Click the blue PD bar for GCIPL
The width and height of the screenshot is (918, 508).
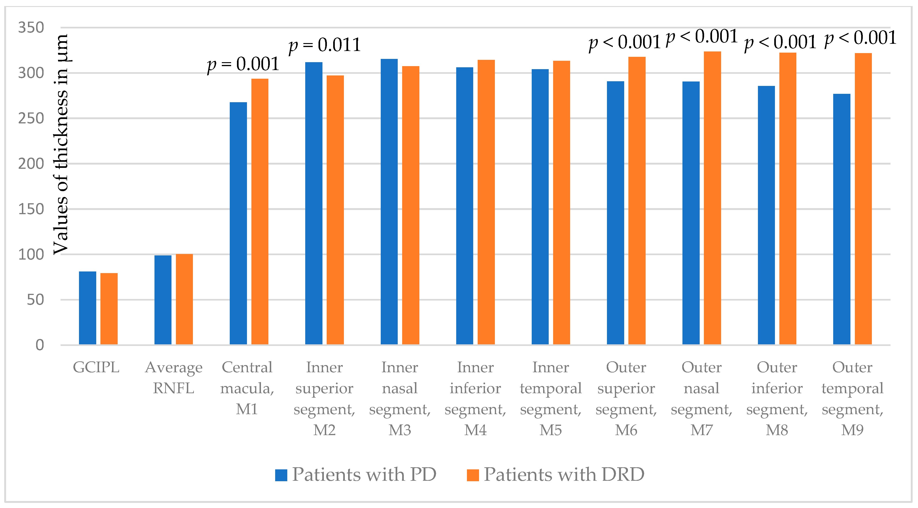pos(87,308)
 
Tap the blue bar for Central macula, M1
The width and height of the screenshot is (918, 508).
pos(238,223)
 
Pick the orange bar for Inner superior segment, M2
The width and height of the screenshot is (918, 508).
pos(335,210)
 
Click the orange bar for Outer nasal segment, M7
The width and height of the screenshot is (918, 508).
pos(712,198)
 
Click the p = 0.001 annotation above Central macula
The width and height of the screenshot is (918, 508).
pos(243,64)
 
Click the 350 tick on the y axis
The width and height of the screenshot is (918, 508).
pos(31,27)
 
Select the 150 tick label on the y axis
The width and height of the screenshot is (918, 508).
pos(31,209)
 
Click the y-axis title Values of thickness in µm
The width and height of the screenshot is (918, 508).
pos(61,144)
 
